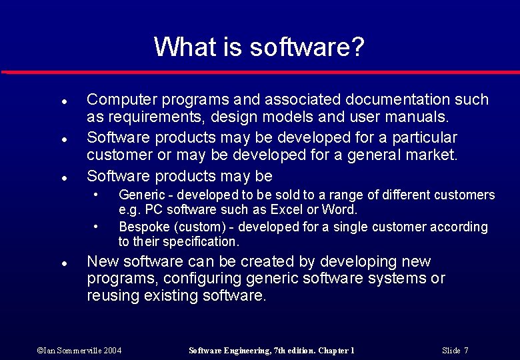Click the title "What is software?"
pos(259,47)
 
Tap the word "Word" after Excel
pos(341,210)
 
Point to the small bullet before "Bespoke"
pos(97,225)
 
